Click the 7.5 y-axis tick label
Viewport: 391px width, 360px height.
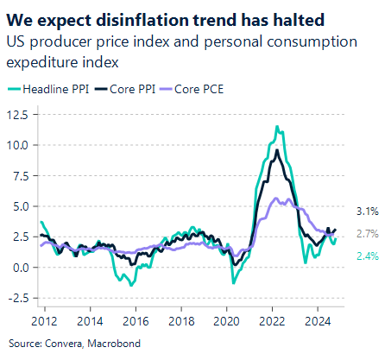(20, 176)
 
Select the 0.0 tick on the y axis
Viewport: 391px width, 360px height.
(20, 268)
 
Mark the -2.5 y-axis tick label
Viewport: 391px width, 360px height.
(18, 299)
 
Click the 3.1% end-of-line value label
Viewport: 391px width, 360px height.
(366, 211)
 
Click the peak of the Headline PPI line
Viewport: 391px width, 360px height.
(276, 127)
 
